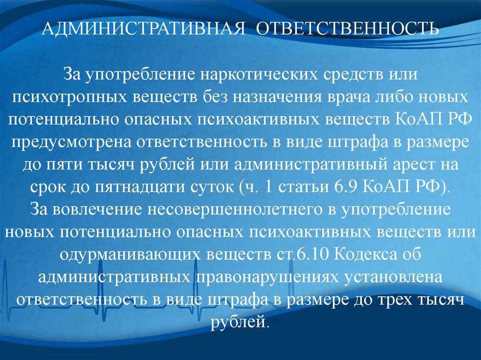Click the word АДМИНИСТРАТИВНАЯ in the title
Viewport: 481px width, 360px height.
(x=143, y=29)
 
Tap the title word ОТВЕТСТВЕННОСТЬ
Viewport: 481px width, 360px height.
(x=347, y=29)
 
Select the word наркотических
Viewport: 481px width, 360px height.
(x=259, y=75)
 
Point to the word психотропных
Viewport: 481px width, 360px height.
(x=70, y=97)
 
